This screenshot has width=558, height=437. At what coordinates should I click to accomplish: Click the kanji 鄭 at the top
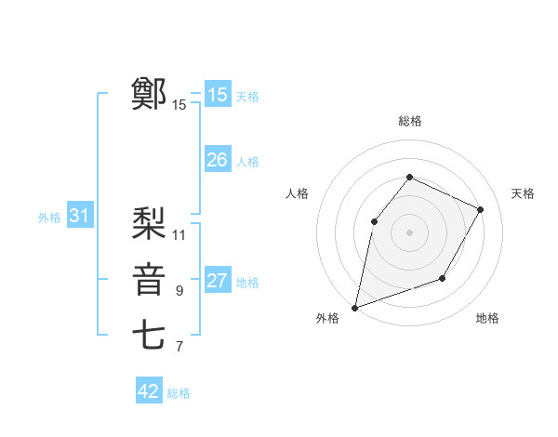pos(149,94)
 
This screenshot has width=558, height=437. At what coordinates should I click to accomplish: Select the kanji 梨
pos(149,222)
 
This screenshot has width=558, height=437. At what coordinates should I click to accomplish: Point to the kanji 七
pos(149,336)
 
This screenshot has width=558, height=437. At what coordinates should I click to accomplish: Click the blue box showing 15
pos(218,95)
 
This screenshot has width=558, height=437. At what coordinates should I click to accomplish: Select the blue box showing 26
pos(218,160)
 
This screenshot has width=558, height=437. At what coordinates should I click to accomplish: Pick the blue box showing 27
pos(218,281)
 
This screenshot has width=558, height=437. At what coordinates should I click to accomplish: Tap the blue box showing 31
pos(79,217)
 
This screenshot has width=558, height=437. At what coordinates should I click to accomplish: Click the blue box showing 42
pos(149,391)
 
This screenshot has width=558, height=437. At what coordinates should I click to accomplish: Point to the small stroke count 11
pos(179,234)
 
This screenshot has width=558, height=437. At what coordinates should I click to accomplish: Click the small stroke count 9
pos(179,291)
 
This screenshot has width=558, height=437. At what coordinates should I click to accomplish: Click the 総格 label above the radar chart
pos(409,121)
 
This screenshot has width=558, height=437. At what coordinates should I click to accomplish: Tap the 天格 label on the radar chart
pos(523,193)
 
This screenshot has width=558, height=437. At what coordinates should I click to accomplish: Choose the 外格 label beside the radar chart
pos(327,318)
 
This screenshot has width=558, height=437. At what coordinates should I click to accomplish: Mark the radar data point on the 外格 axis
pos(355,307)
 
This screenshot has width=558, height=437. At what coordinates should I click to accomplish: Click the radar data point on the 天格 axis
pos(481,209)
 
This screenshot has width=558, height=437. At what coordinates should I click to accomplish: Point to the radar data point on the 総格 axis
pos(409,178)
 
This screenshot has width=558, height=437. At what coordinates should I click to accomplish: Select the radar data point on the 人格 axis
pos(374,221)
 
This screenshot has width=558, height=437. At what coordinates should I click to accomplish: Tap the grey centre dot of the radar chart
pos(409,232)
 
